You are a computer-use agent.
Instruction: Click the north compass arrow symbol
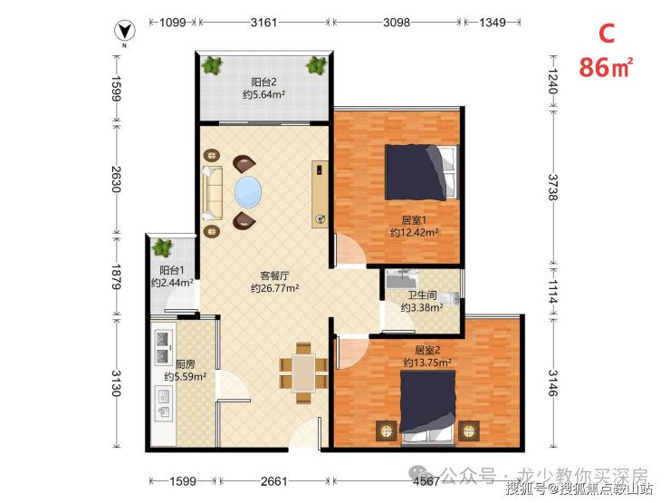pyautogui.click(x=124, y=31)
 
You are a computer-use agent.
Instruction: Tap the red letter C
pyautogui.click(x=607, y=34)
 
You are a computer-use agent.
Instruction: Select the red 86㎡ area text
pyautogui.click(x=606, y=68)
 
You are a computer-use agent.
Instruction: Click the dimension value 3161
pyautogui.click(x=263, y=23)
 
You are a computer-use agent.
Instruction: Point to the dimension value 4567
pyautogui.click(x=426, y=481)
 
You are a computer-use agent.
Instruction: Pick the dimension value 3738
pyautogui.click(x=553, y=187)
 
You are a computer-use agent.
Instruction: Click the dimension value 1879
pyautogui.click(x=116, y=276)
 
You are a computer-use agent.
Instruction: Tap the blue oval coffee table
pyautogui.click(x=248, y=192)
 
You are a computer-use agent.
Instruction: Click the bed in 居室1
pyautogui.click(x=421, y=172)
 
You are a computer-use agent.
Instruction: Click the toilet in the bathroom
pyautogui.click(x=449, y=297)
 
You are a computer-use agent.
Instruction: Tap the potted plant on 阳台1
pyautogui.click(x=162, y=247)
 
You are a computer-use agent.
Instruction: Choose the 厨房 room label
pyautogui.click(x=186, y=364)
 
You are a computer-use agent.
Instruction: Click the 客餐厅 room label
pyautogui.click(x=274, y=276)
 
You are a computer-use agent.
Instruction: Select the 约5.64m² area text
pyautogui.click(x=264, y=94)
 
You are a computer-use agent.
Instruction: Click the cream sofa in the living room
pyautogui.click(x=213, y=192)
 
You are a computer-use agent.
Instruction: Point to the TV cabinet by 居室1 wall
pyautogui.click(x=320, y=194)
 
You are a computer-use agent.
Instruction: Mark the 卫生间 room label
pyautogui.click(x=422, y=295)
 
